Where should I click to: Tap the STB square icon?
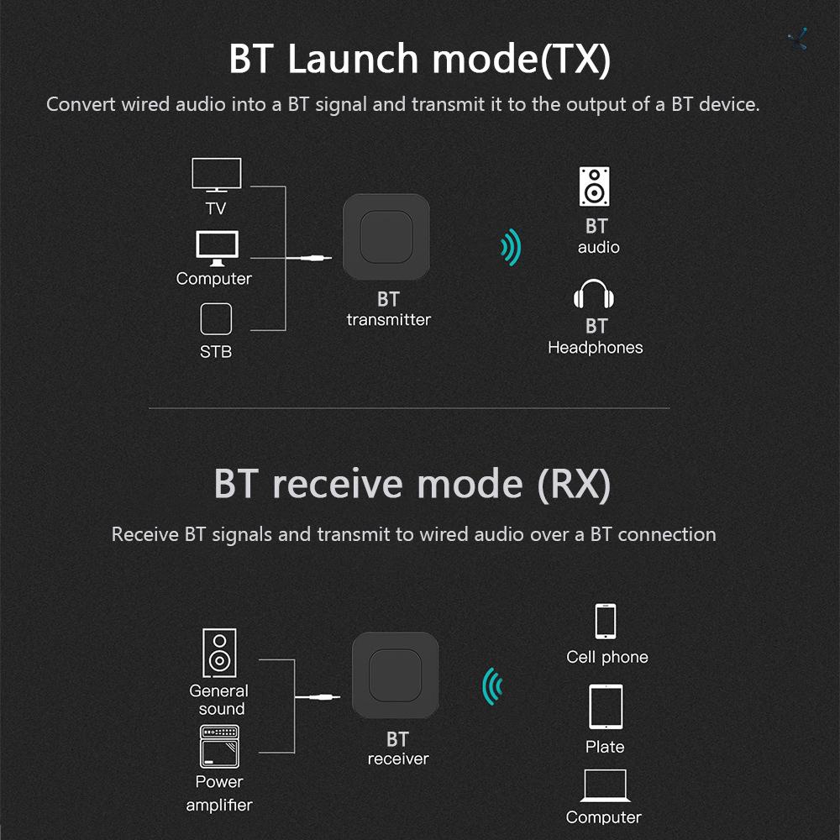coord(216,320)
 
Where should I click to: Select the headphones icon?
coord(596,296)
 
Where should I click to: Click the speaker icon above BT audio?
coord(595,186)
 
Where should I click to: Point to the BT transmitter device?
coord(386,237)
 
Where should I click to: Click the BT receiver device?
coord(396,677)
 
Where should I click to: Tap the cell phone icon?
coord(606,622)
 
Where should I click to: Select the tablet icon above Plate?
coord(606,707)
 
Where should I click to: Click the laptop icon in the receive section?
coord(605,785)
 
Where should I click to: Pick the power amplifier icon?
coord(219,747)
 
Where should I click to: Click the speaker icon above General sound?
coord(219,654)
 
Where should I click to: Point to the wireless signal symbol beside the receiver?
coord(492,686)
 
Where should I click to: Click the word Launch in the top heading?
coord(352,59)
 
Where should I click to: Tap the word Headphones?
coord(595,348)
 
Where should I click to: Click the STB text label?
coord(216,352)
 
